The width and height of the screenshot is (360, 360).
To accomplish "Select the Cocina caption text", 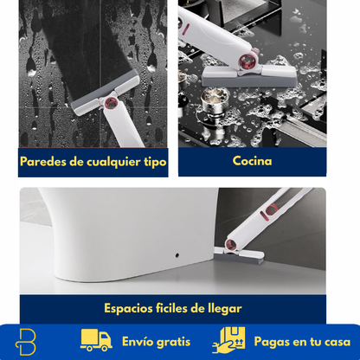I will pos(252,160).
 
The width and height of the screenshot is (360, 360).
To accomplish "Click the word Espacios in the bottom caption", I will pos(131,307).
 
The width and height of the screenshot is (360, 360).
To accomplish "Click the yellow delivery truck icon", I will pos(96,339).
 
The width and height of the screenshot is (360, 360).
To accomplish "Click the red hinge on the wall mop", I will pos(109,104).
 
